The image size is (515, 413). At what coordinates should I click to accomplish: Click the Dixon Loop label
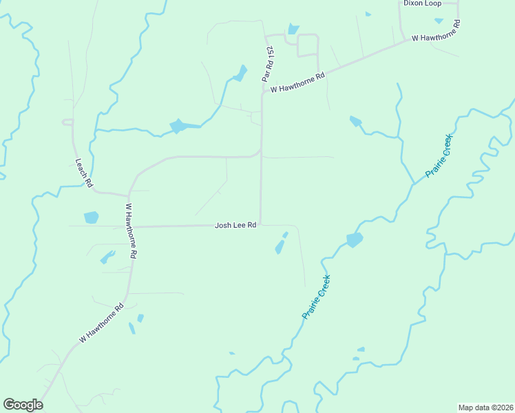tap(422, 3)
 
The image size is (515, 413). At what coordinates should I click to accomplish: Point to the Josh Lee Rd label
tap(235, 225)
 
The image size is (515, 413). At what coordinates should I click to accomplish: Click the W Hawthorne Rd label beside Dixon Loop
tap(436, 31)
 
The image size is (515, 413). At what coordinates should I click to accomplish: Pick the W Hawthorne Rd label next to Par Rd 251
tap(297, 83)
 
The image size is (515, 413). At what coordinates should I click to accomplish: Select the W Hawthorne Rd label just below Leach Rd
tap(132, 230)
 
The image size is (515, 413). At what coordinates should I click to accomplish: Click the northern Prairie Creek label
tap(438, 155)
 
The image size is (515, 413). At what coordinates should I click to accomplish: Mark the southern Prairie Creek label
tap(317, 297)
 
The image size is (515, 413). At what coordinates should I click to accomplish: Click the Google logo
tap(23, 405)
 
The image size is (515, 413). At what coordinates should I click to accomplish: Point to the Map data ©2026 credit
tap(485, 407)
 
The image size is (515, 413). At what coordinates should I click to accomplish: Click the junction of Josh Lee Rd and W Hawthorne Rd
tap(133, 226)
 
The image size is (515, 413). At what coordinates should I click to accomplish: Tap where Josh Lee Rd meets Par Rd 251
tap(260, 224)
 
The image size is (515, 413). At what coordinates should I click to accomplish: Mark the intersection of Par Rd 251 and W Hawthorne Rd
tap(262, 92)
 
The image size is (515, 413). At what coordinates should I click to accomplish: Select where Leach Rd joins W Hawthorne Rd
tap(129, 195)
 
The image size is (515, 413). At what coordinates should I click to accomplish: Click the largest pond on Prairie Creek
tap(354, 240)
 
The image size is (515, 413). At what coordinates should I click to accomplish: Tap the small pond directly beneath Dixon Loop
tap(439, 21)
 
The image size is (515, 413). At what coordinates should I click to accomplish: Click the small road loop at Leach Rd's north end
tap(67, 122)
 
